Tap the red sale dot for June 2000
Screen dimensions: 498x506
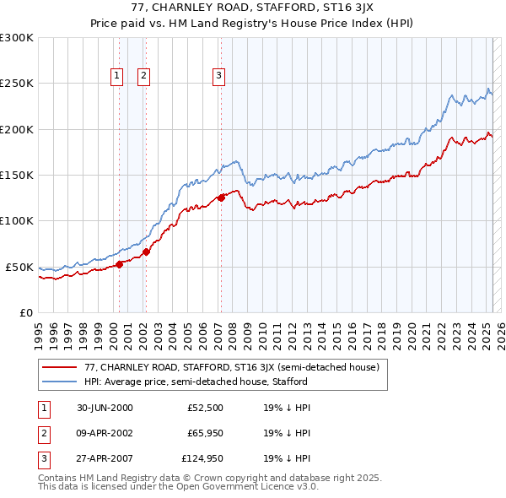(119, 263)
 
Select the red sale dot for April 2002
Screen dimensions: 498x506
(146, 251)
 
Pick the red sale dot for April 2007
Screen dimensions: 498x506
(221, 198)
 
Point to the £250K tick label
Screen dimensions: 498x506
(17, 84)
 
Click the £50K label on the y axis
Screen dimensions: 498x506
(20, 267)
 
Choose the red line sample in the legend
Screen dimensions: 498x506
(60, 367)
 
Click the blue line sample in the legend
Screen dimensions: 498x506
(60, 382)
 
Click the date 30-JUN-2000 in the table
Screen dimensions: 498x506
(105, 408)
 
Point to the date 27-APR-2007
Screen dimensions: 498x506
(105, 458)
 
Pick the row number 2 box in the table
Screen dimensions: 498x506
(43, 433)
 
